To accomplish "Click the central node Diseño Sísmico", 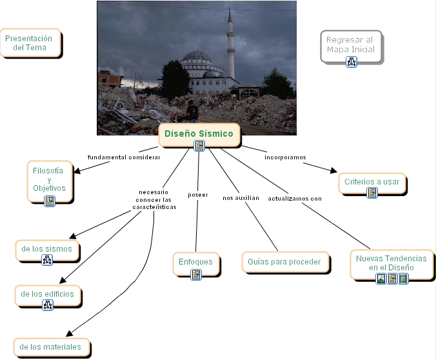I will (x=199, y=134).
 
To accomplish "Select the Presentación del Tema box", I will (x=30, y=43).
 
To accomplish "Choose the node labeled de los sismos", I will (x=46, y=248).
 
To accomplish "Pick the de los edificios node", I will (x=48, y=294).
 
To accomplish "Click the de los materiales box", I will (x=51, y=347).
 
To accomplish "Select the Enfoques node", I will (x=196, y=262).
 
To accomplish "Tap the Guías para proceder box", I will (x=284, y=262).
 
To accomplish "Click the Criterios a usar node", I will (x=372, y=182).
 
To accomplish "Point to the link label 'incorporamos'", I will (x=285, y=157).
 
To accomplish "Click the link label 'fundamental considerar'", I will (x=124, y=157).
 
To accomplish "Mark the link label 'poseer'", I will (x=197, y=194).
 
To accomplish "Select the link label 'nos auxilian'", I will (x=241, y=197).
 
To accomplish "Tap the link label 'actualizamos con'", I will (x=295, y=198).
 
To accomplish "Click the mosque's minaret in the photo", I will (x=231, y=52).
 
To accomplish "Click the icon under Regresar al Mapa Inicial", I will (x=351, y=62).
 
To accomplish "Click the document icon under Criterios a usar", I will (x=372, y=192).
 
